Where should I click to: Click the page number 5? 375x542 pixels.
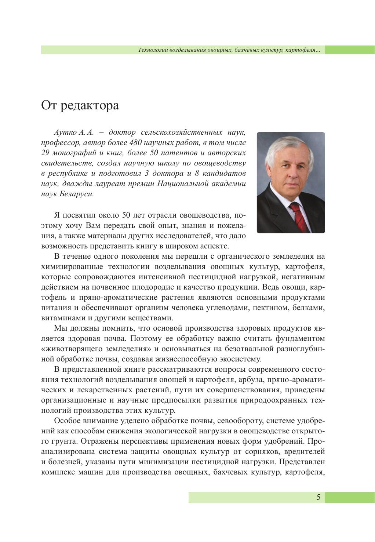point(318,497)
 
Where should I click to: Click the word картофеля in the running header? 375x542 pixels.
point(304,50)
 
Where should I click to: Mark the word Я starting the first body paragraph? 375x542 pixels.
point(57,215)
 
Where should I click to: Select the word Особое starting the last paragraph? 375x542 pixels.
point(66,420)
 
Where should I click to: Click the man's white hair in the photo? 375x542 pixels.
point(290,147)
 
